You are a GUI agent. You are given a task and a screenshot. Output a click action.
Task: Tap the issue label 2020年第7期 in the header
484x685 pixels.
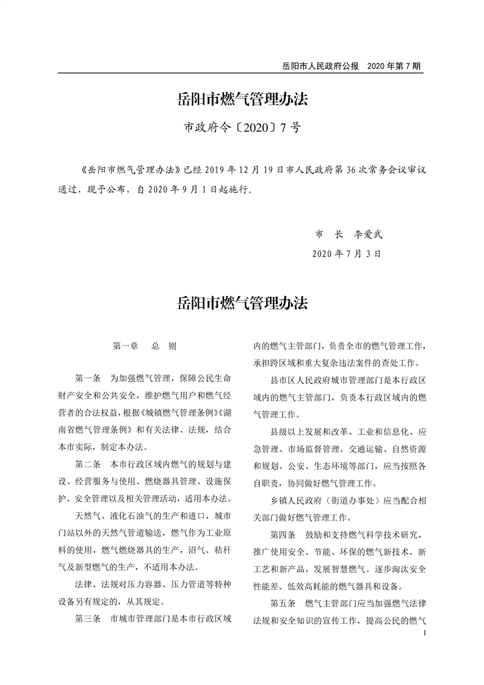coord(395,65)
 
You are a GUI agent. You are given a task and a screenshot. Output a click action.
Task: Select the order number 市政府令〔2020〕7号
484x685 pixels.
coord(242,129)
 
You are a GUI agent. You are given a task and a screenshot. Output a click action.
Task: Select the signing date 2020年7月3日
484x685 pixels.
coord(346,253)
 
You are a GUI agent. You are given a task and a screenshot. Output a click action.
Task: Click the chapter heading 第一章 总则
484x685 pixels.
coord(145,346)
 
